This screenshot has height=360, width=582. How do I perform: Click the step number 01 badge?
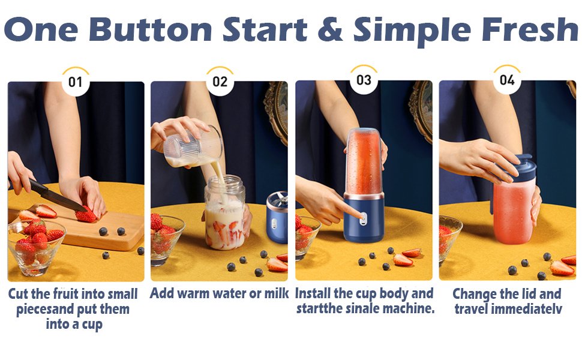point(76,82)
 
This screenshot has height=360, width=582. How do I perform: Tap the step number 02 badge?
point(220,82)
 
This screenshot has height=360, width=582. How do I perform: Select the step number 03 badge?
point(364,80)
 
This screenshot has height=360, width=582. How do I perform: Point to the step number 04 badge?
point(507,80)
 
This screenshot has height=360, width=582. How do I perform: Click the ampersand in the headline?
point(330,29)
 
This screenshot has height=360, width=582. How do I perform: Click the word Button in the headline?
point(151,29)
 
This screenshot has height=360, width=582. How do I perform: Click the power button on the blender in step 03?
point(363,219)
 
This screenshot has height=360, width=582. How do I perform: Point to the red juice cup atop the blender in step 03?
point(364,161)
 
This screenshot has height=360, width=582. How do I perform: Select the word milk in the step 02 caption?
point(277,293)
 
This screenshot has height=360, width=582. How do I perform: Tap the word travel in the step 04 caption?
point(470,309)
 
